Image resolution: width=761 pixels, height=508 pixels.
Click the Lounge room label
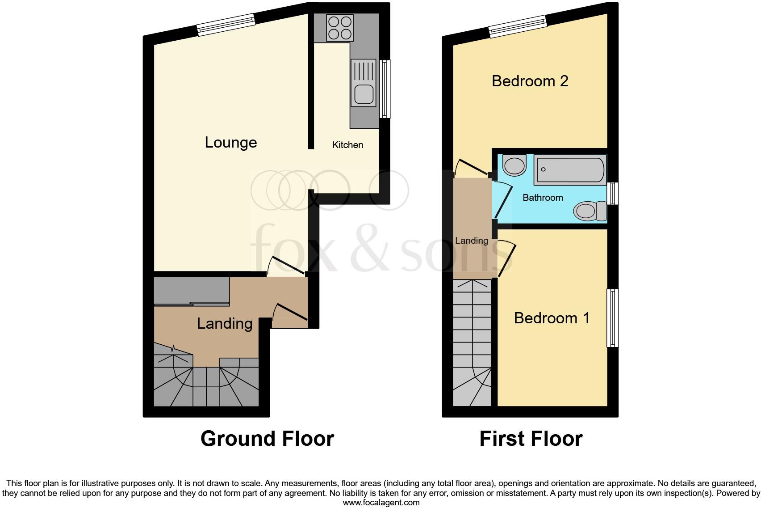[x=230, y=142]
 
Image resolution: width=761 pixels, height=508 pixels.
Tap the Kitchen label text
[x=347, y=145]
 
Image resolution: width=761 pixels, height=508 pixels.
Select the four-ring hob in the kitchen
[x=339, y=28]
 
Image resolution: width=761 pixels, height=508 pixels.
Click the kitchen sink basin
[x=364, y=94]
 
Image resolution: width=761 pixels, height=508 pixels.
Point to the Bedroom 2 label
[x=530, y=81]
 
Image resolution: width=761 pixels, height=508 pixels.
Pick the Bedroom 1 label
[x=552, y=318]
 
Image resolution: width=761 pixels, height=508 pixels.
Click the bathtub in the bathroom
[x=570, y=170]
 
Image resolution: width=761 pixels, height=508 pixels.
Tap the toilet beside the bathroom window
[x=590, y=210]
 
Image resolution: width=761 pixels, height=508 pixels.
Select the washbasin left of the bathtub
[x=514, y=165]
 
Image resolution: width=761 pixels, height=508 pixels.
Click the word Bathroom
[x=543, y=198]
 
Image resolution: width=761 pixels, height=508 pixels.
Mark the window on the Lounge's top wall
[x=226, y=25]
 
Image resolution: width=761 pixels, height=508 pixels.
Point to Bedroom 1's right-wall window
[x=612, y=317]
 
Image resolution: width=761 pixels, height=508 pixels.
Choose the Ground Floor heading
[x=267, y=439]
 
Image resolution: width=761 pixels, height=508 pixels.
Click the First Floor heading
[x=531, y=439]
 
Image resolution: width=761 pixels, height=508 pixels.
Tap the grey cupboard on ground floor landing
[x=192, y=291]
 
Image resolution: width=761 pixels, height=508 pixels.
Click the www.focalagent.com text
[x=381, y=503]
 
